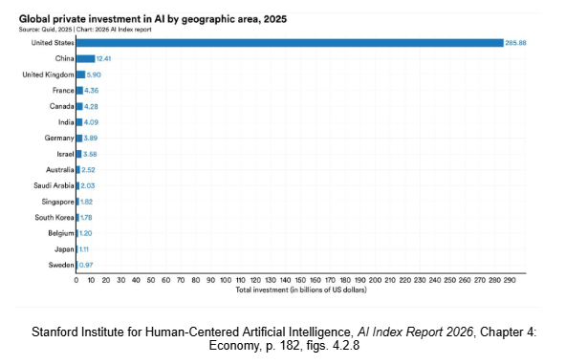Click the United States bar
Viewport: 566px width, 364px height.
coord(290,43)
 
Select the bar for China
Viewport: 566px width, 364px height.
coord(85,59)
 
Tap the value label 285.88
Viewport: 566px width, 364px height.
coord(515,43)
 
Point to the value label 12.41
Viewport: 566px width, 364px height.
coord(103,59)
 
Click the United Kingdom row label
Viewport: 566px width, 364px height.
coord(48,75)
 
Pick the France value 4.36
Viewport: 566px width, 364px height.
coord(92,91)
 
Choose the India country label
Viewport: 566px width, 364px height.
coord(66,122)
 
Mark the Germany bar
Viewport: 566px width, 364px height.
coord(79,139)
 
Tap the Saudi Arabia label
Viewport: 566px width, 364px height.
coord(54,185)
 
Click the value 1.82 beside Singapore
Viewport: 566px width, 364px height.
coord(86,202)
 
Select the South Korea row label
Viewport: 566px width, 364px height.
coord(54,218)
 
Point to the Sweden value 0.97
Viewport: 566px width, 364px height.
coord(86,266)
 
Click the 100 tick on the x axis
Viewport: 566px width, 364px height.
coord(226,280)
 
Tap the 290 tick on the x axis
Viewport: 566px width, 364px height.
coord(510,280)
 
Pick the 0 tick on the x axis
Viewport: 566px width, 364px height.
coord(76,280)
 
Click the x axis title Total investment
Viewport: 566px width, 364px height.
coord(301,290)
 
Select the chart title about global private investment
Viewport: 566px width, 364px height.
coord(153,19)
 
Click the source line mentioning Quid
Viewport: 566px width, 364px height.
coord(85,30)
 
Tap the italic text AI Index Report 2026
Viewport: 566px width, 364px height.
coord(415,332)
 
